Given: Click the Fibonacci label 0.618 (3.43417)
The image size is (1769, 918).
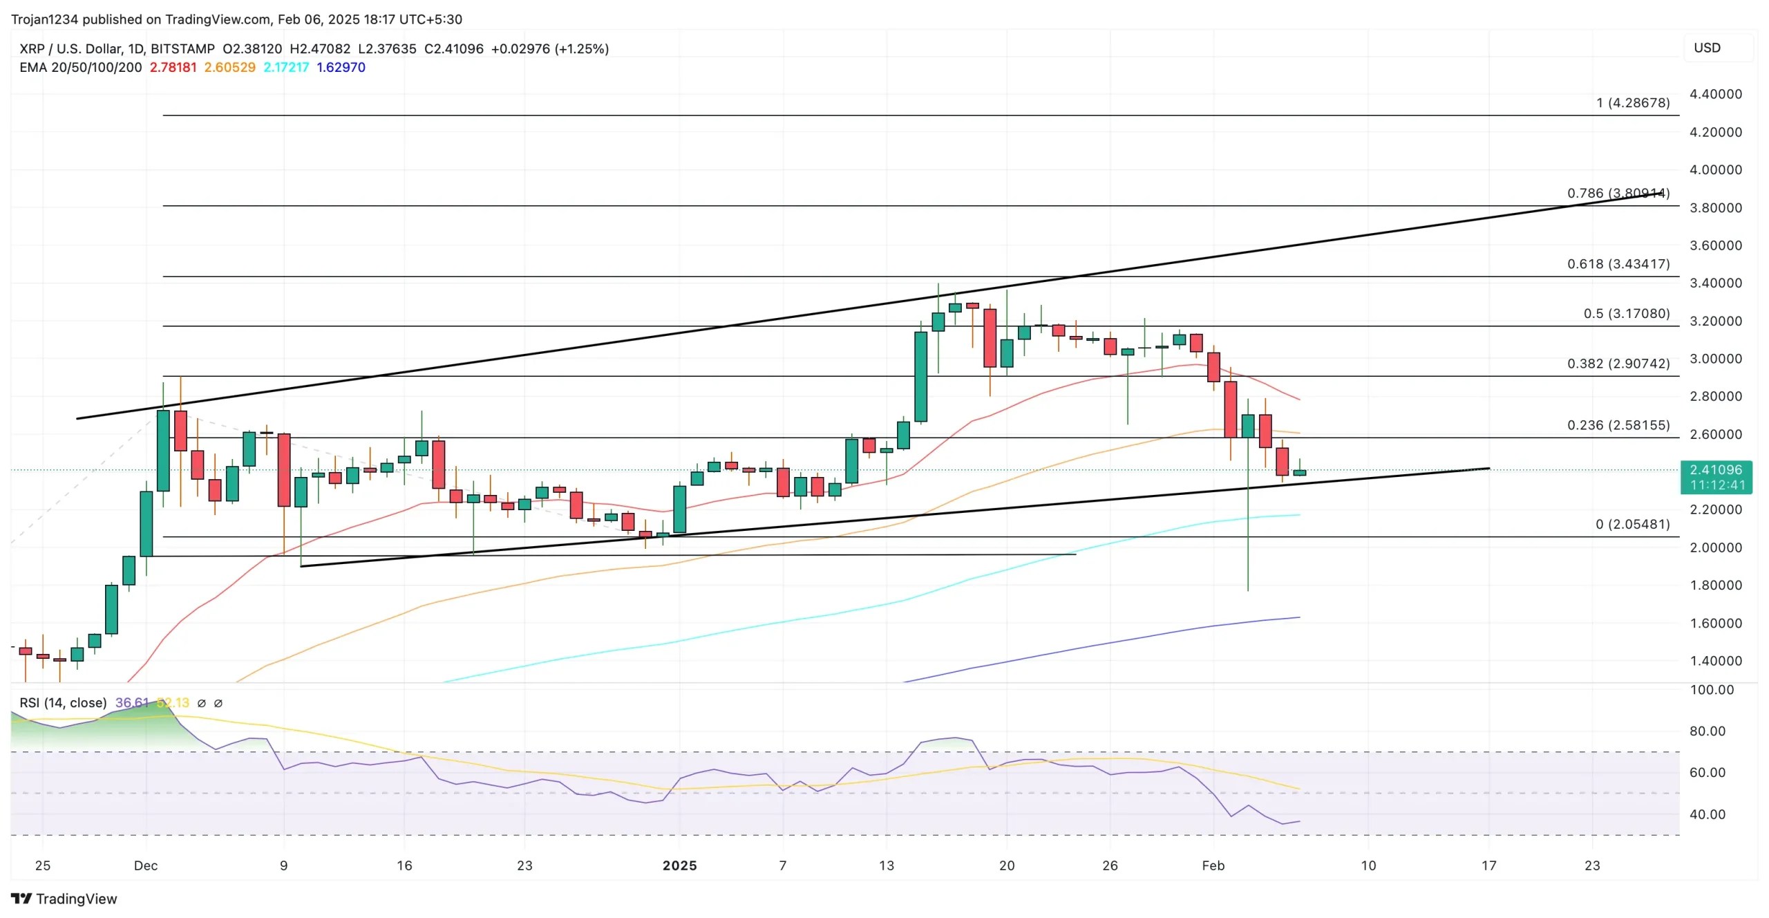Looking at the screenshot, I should point(1618,264).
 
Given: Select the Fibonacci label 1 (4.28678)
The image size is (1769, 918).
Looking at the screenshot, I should point(1632,103).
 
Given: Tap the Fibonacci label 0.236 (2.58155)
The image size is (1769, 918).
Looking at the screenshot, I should point(1618,425).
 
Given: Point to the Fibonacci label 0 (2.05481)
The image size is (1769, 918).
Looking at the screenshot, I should point(1632,524).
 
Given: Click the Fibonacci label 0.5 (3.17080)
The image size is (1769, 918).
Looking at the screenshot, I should point(1626,314).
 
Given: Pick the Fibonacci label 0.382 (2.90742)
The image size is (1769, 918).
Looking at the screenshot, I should point(1618,364).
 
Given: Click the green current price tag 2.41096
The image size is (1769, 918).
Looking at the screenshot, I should point(1716,470).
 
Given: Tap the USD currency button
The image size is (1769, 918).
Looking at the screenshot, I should point(1707,48).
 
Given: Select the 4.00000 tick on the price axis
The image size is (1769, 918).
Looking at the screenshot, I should point(1715,170).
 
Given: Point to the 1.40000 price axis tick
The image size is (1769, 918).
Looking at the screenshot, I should point(1715,661).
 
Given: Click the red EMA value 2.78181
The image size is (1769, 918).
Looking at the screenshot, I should point(173,68).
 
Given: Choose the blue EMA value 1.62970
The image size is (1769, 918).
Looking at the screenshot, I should point(341,68).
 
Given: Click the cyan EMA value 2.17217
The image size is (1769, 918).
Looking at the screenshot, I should point(286,68).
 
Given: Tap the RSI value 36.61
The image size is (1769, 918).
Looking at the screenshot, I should point(131,703).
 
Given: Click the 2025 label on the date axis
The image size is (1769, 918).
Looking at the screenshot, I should point(679,865).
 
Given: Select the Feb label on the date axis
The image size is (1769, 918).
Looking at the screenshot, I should point(1213,865).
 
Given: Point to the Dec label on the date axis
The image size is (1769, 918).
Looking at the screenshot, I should point(146,865).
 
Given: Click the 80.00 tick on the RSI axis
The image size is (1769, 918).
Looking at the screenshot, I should point(1707,731).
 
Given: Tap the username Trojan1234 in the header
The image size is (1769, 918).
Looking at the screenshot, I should point(44,19).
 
